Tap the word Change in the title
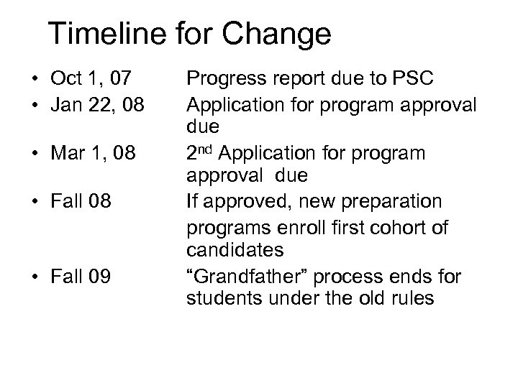[283, 34]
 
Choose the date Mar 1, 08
[95, 155]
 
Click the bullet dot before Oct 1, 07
[33, 76]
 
